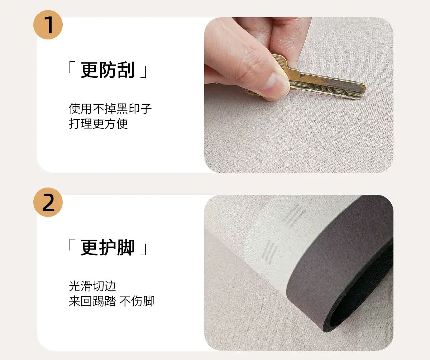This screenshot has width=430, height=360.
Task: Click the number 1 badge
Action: [48, 25]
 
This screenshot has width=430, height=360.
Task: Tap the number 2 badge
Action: [48, 202]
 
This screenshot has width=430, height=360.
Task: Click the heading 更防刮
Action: [107, 70]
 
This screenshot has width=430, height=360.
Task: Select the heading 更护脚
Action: [107, 247]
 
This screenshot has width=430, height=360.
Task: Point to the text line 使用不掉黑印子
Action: [110, 109]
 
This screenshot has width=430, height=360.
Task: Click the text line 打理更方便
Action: [98, 124]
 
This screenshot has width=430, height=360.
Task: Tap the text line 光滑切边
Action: [92, 286]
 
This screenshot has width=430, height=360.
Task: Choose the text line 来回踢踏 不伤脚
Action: [111, 301]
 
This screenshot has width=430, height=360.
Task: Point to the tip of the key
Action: [364, 89]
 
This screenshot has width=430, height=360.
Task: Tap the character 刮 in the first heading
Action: [125, 70]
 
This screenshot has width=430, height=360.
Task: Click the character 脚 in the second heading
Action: [125, 247]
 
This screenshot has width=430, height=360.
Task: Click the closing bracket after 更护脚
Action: [144, 250]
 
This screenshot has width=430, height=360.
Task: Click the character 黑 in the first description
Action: [122, 109]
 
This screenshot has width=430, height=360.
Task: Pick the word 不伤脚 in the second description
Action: [137, 301]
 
